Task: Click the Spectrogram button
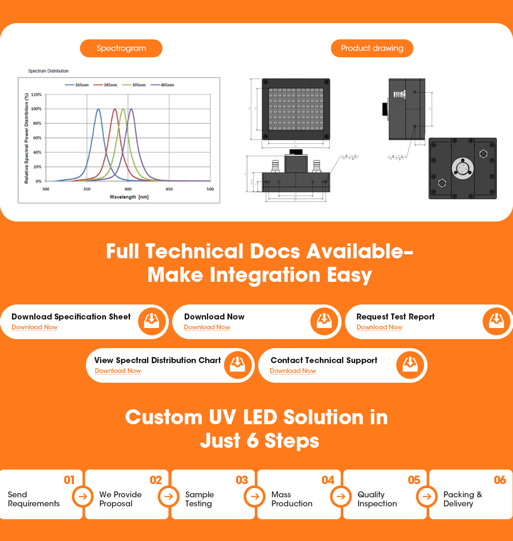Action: pos(121,48)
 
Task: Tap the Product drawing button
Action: pos(372,48)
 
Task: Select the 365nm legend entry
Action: pos(77,85)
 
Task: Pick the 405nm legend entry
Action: pos(162,85)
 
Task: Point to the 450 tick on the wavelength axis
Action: pos(169,189)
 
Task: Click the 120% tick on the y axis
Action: pos(36,95)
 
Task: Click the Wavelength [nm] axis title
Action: pos(129,197)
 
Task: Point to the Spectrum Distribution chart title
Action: pos(48,71)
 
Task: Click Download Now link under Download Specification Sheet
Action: pos(35,327)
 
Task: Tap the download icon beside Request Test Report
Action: pos(496,321)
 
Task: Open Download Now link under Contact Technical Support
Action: pos(293,371)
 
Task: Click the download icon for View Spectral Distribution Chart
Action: pos(237,365)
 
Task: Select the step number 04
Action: pos(328,480)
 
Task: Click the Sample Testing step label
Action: pos(199,499)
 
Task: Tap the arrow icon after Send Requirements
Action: pos(83,497)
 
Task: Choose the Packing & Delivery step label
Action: pos(463,499)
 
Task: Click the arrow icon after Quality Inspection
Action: pos(427,497)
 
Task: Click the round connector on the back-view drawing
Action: pos(462,168)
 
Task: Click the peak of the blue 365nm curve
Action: pos(98,109)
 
